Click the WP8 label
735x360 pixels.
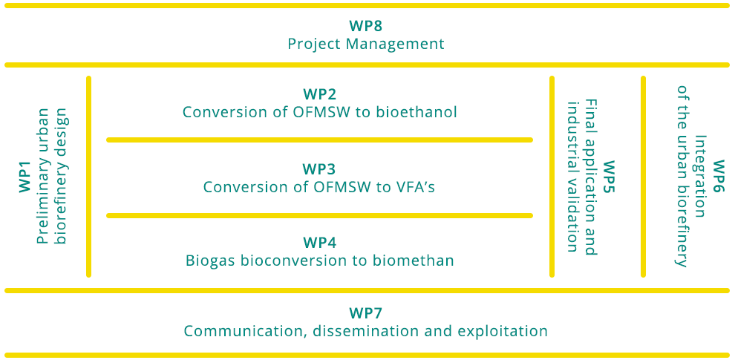pyautogui.click(x=365, y=25)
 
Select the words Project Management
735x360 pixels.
pyautogui.click(x=365, y=45)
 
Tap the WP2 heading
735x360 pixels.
pyautogui.click(x=320, y=94)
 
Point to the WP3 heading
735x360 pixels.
pyautogui.click(x=320, y=168)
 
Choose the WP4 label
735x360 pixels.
pyautogui.click(x=320, y=243)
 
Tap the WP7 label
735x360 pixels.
pyautogui.click(x=365, y=312)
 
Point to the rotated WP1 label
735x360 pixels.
pyautogui.click(x=24, y=177)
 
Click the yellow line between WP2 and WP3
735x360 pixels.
pyautogui.click(x=320, y=140)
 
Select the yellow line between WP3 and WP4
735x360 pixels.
pyautogui.click(x=320, y=215)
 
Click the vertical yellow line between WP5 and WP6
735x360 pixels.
pyautogui.click(x=643, y=177)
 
